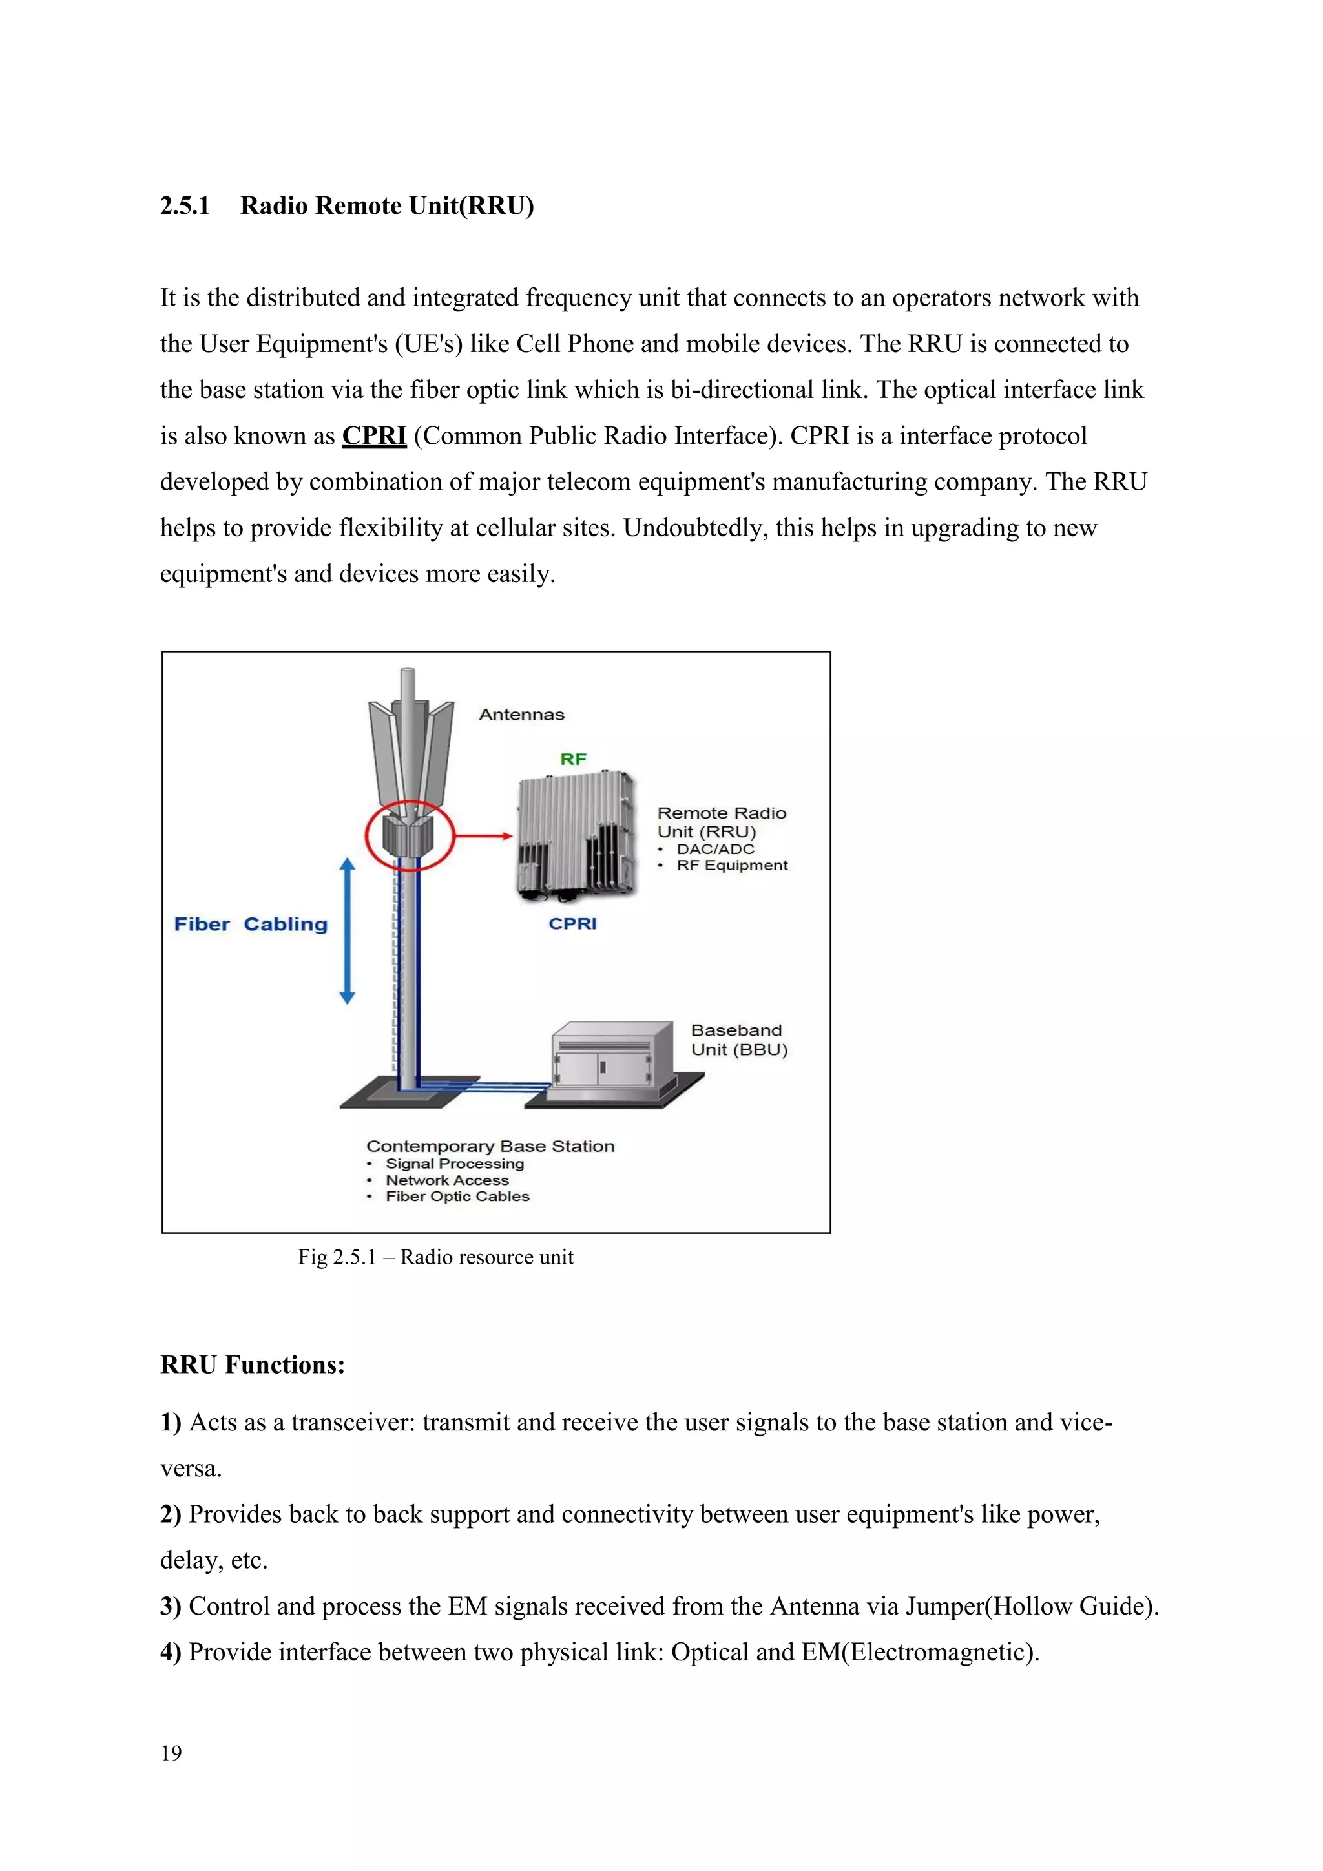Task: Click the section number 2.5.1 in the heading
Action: tap(184, 205)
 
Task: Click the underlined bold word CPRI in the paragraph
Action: tap(374, 436)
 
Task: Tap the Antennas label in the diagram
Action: tap(521, 715)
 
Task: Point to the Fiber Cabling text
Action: tap(251, 924)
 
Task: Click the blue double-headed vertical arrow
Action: tap(347, 930)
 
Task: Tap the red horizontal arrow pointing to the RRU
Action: tap(483, 835)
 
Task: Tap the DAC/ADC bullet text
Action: tap(715, 848)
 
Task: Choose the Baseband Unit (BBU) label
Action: tap(739, 1040)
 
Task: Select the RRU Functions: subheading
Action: tap(253, 1365)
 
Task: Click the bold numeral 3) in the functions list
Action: tap(171, 1606)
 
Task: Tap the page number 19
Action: tap(171, 1753)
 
